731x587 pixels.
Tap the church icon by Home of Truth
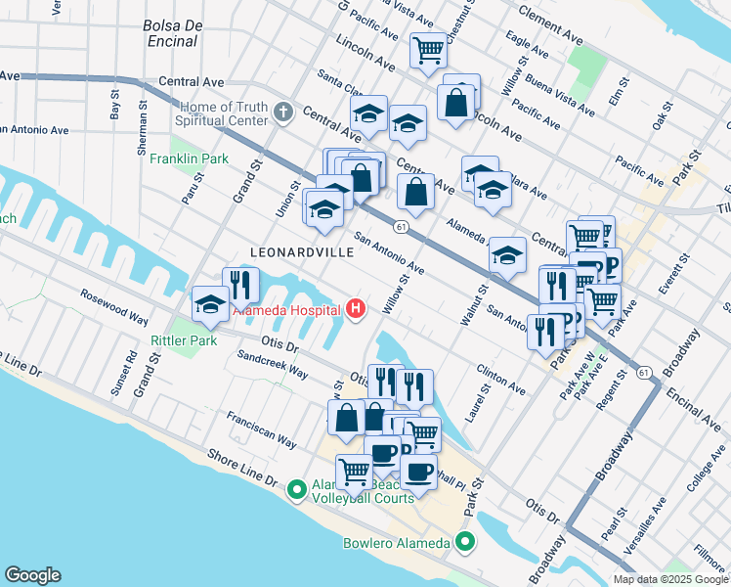point(283,111)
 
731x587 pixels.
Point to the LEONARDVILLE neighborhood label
point(302,252)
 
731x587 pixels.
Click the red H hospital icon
point(356,310)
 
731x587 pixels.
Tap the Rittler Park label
point(182,340)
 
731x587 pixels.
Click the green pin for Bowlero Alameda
point(465,541)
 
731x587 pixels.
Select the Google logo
point(32,575)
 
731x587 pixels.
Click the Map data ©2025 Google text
point(669,579)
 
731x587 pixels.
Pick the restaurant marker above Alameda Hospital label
point(240,285)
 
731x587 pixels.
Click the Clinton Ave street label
point(502,383)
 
